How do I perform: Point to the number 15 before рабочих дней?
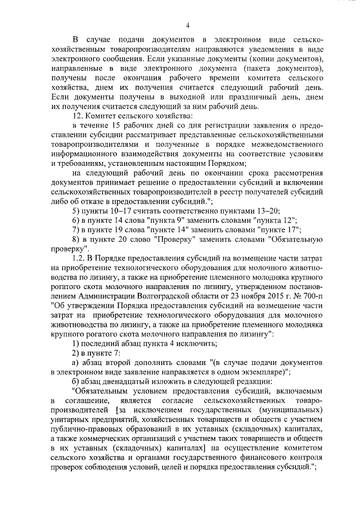click(118, 124)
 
